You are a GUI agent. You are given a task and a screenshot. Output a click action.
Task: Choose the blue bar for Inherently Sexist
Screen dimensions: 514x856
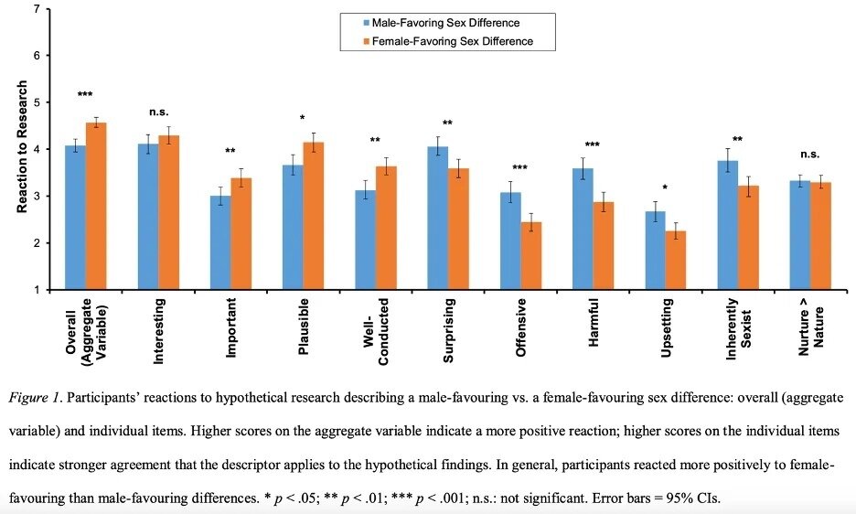[727, 225]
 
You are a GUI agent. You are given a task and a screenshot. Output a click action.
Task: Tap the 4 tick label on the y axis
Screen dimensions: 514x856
[36, 149]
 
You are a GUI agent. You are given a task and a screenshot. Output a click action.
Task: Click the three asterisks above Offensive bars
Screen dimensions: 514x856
[520, 168]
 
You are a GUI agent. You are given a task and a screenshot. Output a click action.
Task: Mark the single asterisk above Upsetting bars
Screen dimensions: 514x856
[665, 188]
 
